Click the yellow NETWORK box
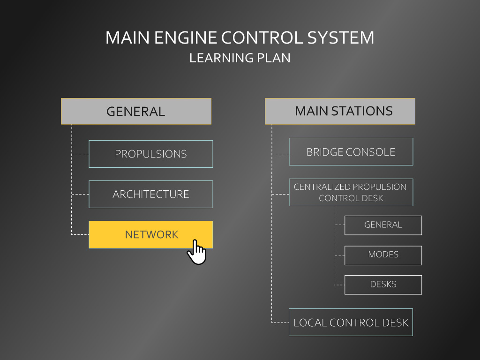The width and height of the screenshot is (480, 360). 151,234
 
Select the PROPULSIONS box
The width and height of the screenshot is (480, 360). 151,154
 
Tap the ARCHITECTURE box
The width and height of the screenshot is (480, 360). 151,194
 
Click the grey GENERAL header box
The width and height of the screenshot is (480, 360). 136,111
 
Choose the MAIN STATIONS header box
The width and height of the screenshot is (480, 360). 340,111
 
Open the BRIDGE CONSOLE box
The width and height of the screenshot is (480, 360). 351,152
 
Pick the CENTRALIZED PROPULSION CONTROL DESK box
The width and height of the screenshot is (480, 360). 351,192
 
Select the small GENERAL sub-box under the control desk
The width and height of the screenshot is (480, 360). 383,225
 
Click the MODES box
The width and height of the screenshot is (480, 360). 383,255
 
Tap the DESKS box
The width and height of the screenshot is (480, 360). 383,285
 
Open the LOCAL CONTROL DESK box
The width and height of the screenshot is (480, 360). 351,322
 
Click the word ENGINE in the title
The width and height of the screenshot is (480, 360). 186,37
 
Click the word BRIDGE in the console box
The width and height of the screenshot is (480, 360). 322,152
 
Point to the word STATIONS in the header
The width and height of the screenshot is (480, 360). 362,111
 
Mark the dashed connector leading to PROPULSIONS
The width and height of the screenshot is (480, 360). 80,154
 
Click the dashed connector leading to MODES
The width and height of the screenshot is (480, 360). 339,255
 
